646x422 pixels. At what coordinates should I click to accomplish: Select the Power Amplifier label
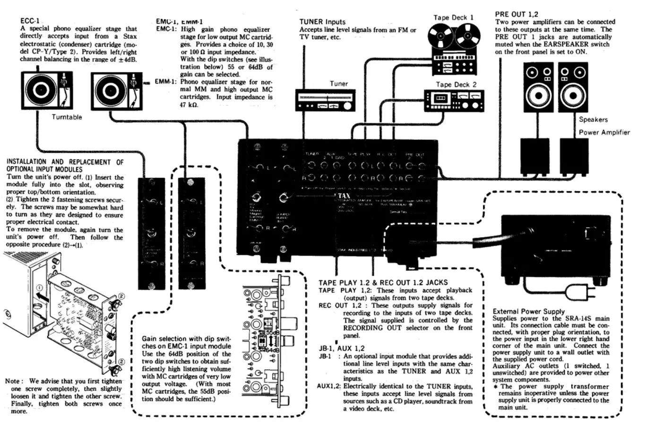[604, 132]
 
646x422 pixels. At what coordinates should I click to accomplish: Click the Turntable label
[67, 117]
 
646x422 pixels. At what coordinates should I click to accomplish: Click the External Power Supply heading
[528, 311]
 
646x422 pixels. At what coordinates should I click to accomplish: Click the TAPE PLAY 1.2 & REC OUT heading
[383, 282]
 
